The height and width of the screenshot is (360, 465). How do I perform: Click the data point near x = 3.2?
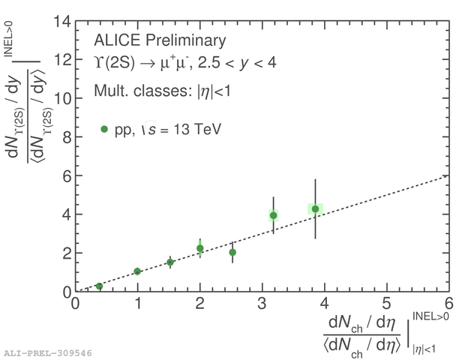pyautogui.click(x=274, y=215)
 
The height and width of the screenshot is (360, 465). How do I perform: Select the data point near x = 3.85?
pyautogui.click(x=316, y=208)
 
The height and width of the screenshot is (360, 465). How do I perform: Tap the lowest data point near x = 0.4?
pyautogui.click(x=99, y=286)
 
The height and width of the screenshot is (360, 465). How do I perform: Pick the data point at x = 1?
pyautogui.click(x=137, y=271)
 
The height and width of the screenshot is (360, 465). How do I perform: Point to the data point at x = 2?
pyautogui.click(x=200, y=248)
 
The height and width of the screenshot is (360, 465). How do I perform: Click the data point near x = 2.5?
pyautogui.click(x=232, y=253)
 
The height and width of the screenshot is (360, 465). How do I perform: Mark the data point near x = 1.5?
pyautogui.click(x=170, y=262)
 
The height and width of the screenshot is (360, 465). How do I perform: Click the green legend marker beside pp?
pyautogui.click(x=104, y=129)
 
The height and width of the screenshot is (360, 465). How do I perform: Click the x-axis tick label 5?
pyautogui.click(x=387, y=304)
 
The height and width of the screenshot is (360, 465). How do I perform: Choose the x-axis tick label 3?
pyautogui.click(x=262, y=304)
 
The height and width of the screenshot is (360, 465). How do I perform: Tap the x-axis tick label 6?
pyautogui.click(x=449, y=304)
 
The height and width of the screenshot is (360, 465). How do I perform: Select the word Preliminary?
pyautogui.click(x=185, y=40)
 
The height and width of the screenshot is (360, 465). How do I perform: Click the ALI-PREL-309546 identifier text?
pyautogui.click(x=48, y=351)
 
